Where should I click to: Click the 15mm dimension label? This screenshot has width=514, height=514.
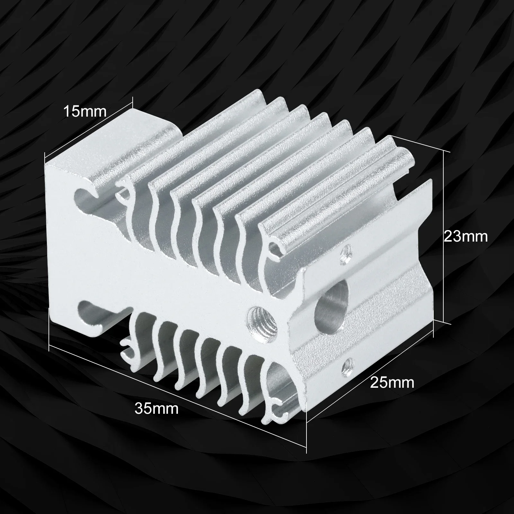tap(84, 111)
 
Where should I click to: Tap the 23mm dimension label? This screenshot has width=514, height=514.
tap(465, 236)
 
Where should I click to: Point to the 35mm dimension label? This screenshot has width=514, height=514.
tap(156, 408)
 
